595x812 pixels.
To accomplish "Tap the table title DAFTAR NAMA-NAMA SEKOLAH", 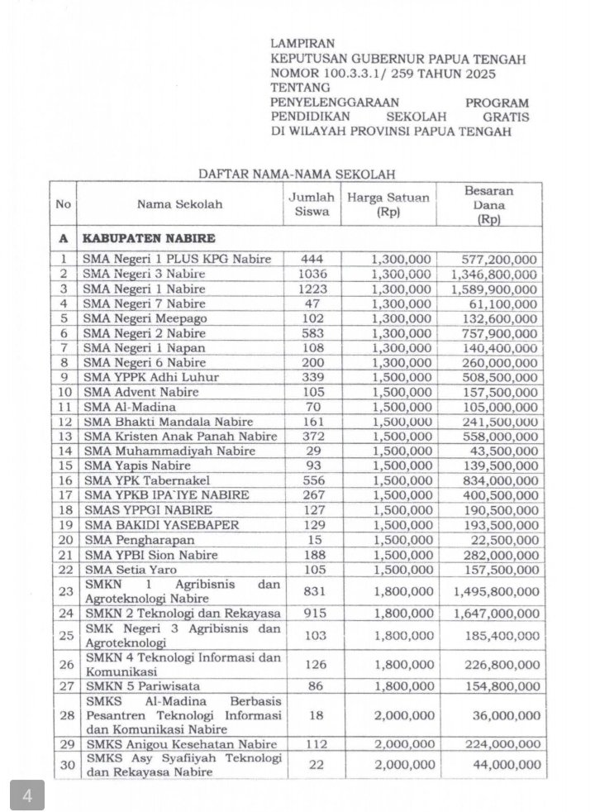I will point(297,174).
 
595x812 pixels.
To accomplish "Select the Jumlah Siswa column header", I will point(311,203).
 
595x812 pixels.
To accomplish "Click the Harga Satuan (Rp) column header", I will point(388,203).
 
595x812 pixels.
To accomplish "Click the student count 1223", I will point(312,289).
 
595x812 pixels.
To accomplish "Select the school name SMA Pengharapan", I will point(131,542).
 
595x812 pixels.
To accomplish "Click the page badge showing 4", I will point(27,795).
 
